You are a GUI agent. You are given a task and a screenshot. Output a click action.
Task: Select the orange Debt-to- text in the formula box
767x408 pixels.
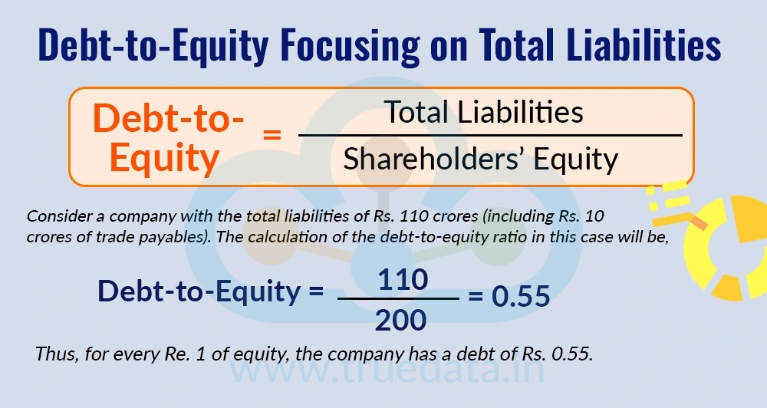coord(168,119)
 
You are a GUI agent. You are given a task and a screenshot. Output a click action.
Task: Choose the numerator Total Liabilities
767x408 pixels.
coord(484,113)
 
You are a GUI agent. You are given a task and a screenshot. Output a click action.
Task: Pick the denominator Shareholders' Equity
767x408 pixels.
coord(481,159)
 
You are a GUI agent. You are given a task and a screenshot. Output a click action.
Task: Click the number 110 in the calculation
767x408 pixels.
coord(403,279)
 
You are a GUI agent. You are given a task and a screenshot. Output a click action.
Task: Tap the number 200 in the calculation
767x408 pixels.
coord(400,318)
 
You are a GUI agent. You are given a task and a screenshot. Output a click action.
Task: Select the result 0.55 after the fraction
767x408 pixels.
coord(521,296)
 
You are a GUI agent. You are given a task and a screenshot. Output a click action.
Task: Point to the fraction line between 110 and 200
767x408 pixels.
coord(398,299)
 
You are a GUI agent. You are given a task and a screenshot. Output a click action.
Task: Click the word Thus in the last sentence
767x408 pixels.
coord(53,355)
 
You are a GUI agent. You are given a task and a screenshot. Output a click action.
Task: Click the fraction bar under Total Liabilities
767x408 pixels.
coord(490,136)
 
